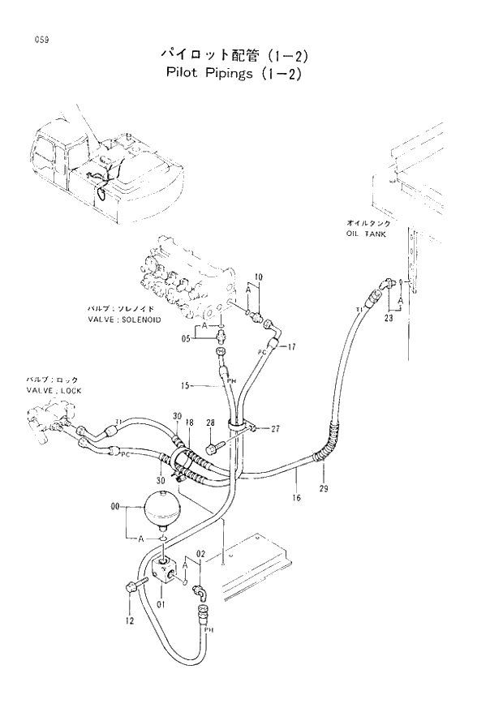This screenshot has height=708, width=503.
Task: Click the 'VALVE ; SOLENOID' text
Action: coord(124,320)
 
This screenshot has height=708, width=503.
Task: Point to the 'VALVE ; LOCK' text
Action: coord(54,390)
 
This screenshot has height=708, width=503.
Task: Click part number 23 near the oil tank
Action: coord(389,319)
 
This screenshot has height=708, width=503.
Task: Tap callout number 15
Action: coord(185,386)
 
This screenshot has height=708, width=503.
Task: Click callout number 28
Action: coord(210,423)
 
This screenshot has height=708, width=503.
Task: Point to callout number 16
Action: coord(296,497)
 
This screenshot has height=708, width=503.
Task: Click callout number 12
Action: coord(128,621)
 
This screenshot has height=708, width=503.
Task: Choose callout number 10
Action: coord(258,277)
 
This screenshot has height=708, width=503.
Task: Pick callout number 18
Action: coord(188,423)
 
